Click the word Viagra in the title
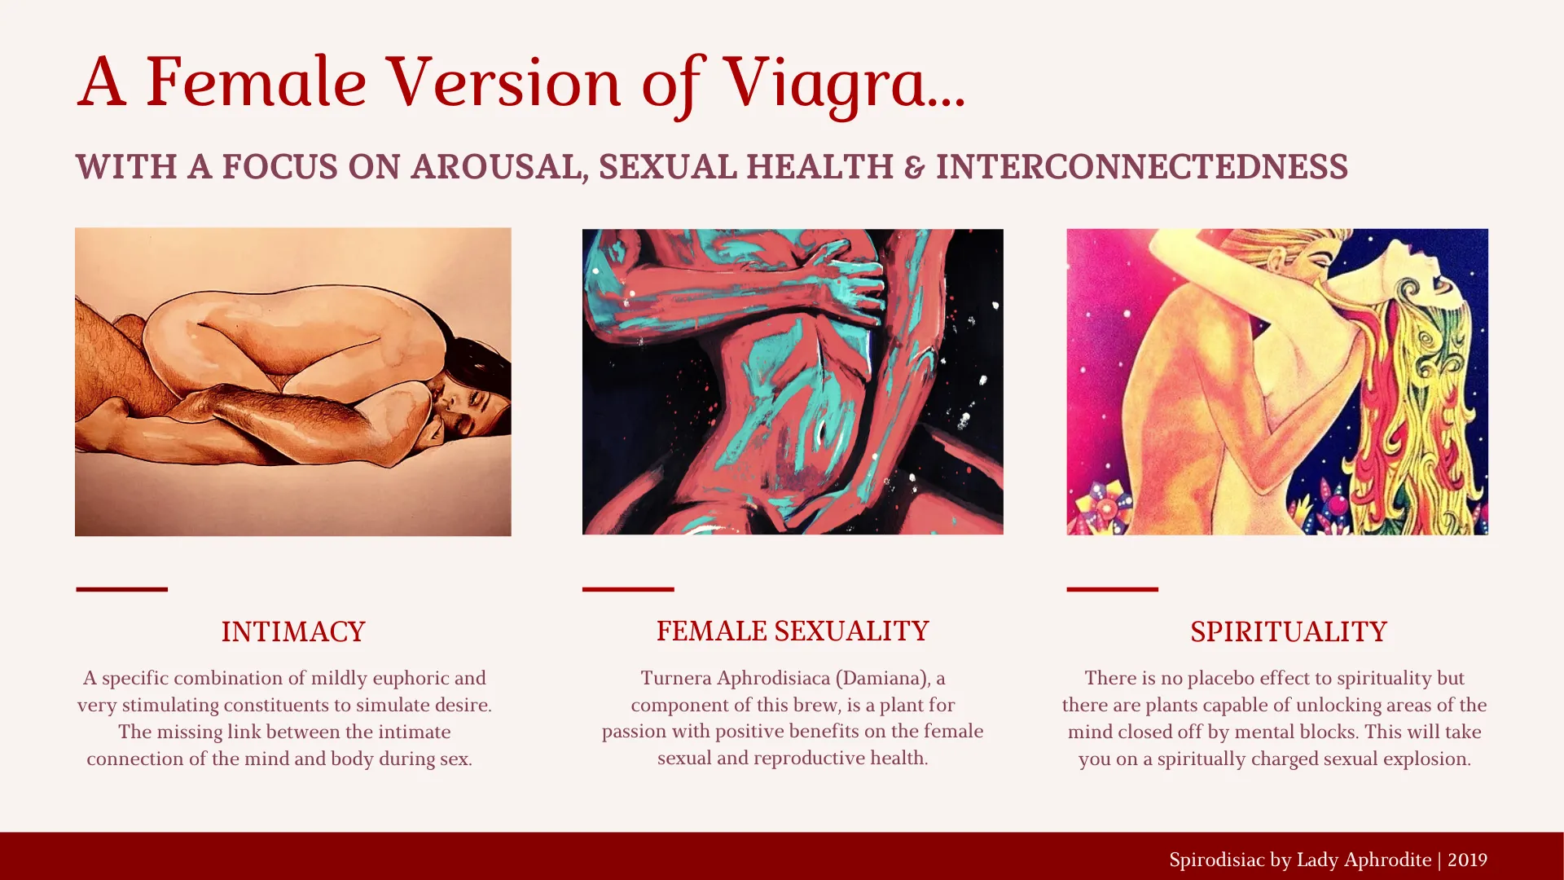845,83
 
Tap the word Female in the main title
257,81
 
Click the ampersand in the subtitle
915,167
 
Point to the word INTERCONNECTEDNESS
1142,166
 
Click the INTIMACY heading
293,631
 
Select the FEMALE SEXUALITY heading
793,631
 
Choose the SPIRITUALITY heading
1289,631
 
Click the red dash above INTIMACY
122,589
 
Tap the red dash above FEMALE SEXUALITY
628,589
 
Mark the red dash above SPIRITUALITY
1113,589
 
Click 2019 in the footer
1468,860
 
